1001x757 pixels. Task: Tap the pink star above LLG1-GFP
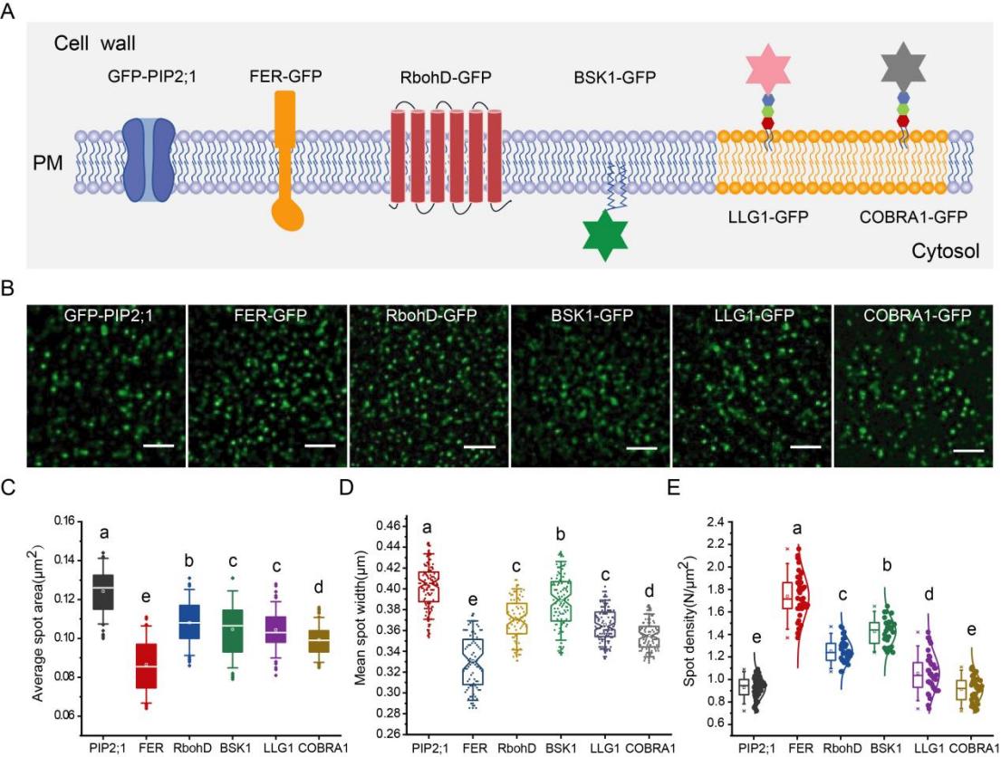(767, 70)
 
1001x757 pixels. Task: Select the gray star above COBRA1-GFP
(903, 68)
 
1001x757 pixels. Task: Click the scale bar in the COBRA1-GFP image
(967, 449)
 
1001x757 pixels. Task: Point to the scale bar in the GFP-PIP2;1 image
(158, 445)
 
